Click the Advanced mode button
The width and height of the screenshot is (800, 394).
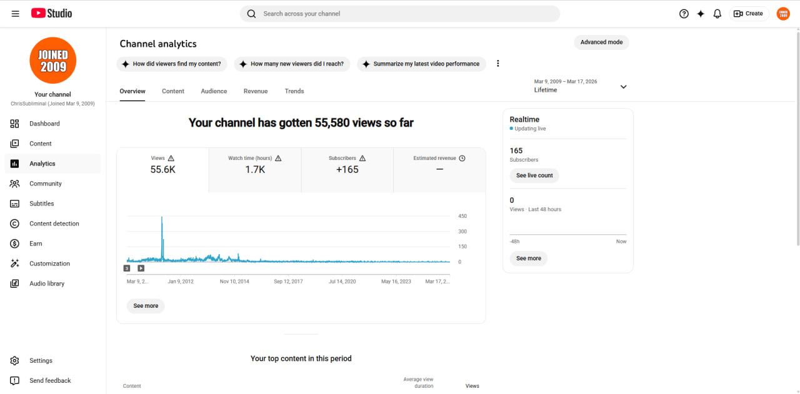(601, 42)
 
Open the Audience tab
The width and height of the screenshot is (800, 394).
(214, 91)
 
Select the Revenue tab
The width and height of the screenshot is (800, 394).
(256, 91)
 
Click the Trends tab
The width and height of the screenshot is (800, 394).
(294, 91)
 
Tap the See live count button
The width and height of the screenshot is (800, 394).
(534, 175)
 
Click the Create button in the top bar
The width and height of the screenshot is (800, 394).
(749, 14)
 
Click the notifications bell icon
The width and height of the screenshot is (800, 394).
(717, 14)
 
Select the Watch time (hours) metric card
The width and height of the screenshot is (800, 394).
(254, 170)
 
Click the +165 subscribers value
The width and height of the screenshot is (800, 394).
(347, 169)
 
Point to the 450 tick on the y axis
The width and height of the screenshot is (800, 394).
(462, 216)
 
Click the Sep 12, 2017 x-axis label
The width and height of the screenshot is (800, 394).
(288, 281)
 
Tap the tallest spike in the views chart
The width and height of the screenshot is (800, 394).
(162, 218)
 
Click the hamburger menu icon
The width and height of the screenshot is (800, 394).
(16, 14)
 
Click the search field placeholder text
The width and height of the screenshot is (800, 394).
(301, 14)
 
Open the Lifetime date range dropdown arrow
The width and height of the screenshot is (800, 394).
(623, 87)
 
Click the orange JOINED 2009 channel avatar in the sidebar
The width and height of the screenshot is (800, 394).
(53, 61)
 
